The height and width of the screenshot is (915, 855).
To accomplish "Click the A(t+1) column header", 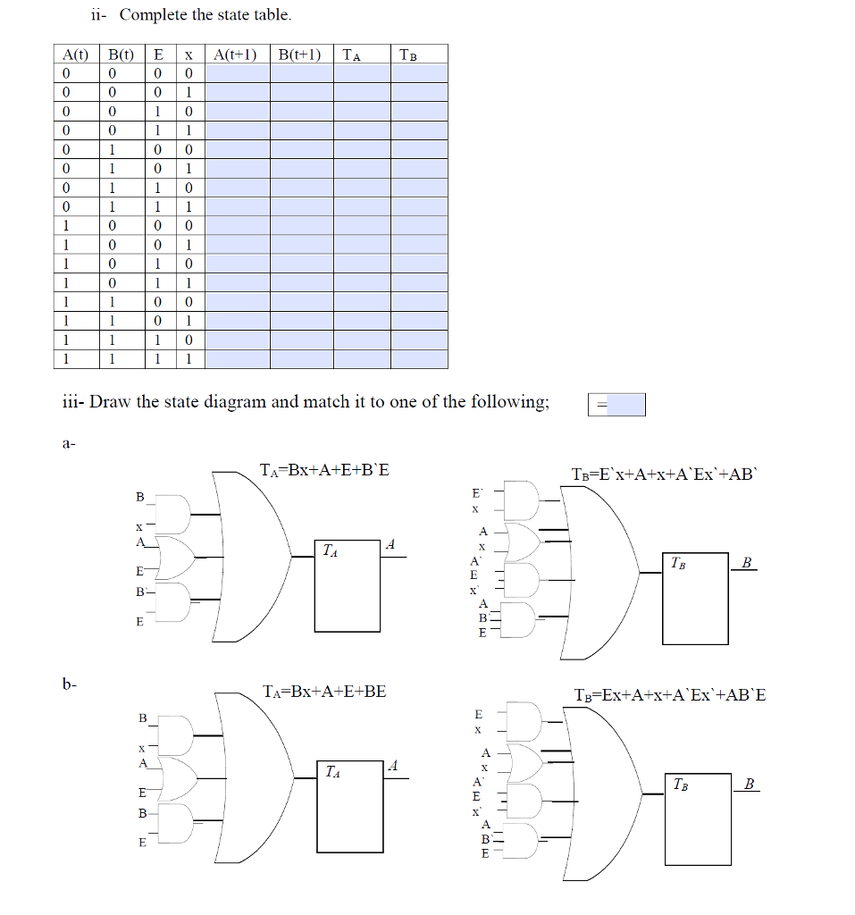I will point(237,55).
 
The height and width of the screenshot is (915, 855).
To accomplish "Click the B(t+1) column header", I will point(301,55).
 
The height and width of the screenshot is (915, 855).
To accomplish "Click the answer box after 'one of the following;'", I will point(616,405).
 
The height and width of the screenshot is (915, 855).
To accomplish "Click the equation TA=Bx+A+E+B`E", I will point(324,469).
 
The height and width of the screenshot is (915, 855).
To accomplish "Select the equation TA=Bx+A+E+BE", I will point(325,691).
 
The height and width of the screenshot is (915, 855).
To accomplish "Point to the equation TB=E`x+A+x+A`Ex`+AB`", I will point(665,474).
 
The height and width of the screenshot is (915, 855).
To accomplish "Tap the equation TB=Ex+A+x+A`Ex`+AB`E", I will point(670,695).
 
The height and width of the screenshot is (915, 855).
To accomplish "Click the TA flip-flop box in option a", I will point(348,585).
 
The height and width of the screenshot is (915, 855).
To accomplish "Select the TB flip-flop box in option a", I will point(696,599).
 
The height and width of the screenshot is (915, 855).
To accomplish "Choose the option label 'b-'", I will point(70,684).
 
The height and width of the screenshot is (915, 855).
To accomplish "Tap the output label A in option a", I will point(390,545).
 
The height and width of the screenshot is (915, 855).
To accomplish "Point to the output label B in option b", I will point(749,785).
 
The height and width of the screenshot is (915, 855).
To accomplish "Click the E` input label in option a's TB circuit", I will point(477,492).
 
